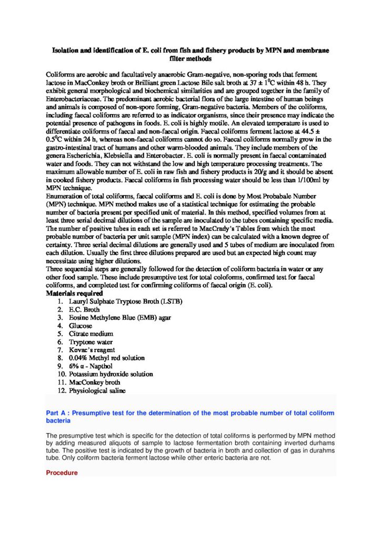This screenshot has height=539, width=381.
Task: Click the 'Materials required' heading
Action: [x=74, y=293]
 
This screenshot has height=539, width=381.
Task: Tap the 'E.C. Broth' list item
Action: [x=84, y=310]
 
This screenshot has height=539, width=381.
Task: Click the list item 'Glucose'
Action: [x=81, y=326]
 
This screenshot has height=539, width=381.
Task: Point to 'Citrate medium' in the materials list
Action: [x=91, y=334]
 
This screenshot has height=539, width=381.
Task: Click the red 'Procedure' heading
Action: [x=62, y=473]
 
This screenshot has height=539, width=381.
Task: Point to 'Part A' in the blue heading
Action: [x=57, y=413]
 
